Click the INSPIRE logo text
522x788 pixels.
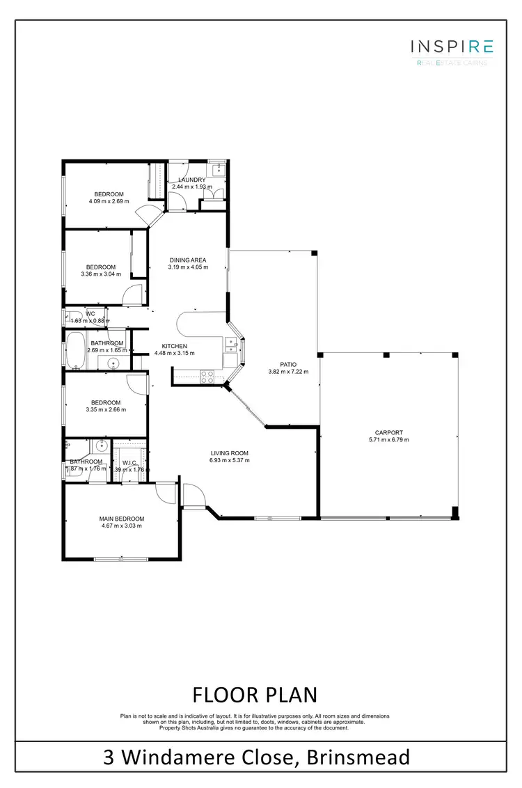[452, 47]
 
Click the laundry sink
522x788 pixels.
[218, 168]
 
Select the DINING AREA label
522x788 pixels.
[188, 260]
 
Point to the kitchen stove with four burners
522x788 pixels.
[207, 376]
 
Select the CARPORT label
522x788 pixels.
[389, 432]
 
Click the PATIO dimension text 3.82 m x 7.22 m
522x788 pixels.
[288, 372]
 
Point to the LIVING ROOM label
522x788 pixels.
[230, 452]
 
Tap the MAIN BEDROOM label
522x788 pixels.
[122, 519]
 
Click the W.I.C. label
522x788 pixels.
[129, 462]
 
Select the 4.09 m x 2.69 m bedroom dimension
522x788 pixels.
[109, 201]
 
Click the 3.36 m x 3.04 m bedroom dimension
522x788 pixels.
[101, 274]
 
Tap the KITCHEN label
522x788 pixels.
[174, 346]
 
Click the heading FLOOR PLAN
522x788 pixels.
[254, 694]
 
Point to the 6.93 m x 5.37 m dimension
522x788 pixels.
[230, 460]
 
